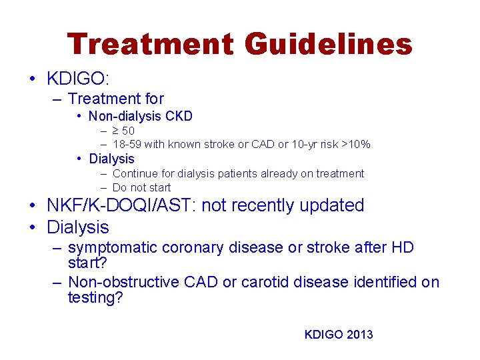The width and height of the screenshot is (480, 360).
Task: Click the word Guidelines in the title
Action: pyautogui.click(x=328, y=45)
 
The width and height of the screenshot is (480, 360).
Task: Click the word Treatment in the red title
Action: pyautogui.click(x=150, y=45)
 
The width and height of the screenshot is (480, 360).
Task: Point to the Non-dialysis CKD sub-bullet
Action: pyautogui.click(x=141, y=117)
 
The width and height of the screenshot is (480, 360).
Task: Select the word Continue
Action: pyautogui.click(x=134, y=173)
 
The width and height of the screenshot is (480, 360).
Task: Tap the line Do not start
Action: pyautogui.click(x=141, y=187)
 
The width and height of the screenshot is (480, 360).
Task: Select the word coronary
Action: pyautogui.click(x=193, y=248)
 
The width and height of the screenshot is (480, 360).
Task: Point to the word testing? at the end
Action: pyautogui.click(x=95, y=298)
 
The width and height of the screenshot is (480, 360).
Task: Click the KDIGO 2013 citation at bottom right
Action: pyautogui.click(x=339, y=335)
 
